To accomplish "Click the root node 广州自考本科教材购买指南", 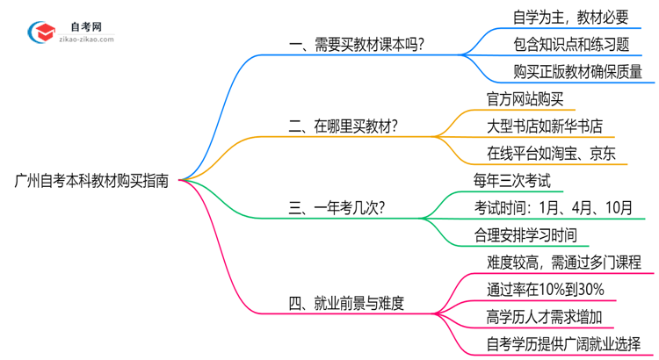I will click(93, 181).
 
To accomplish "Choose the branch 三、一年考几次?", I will click(336, 208).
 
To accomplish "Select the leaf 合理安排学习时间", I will click(525, 235).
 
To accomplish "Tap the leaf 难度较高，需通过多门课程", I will click(563, 262).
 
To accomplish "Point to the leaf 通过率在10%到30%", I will click(545, 289).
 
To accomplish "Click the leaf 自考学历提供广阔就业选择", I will click(563, 343).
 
